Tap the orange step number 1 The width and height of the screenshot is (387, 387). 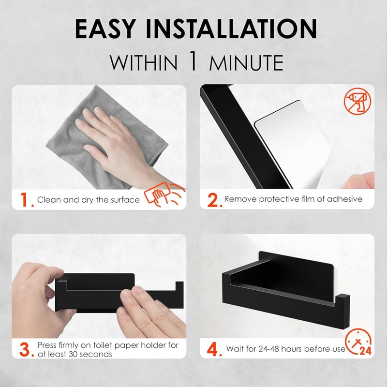(x=25, y=199)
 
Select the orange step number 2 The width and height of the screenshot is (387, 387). (x=213, y=199)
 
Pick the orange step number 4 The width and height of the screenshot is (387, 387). (x=213, y=349)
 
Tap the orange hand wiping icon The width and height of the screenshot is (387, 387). (x=164, y=196)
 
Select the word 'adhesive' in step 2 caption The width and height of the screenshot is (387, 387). (x=343, y=199)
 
